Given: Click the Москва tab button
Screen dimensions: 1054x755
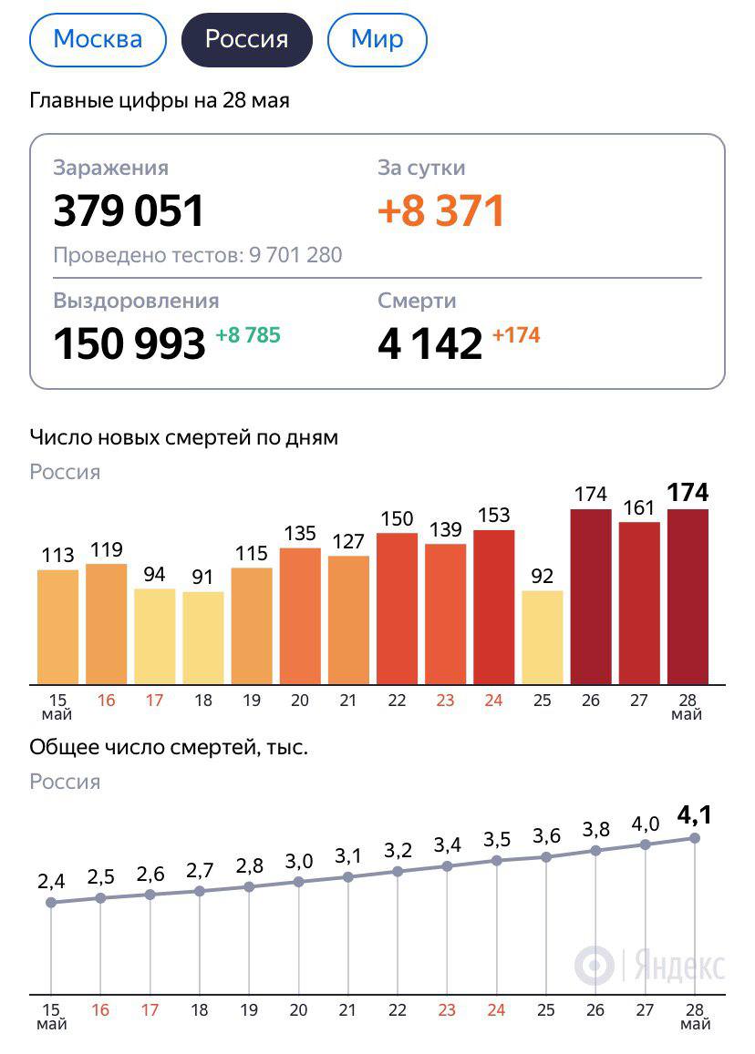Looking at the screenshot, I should (x=98, y=39).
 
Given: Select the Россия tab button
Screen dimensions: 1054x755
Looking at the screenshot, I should (x=246, y=39).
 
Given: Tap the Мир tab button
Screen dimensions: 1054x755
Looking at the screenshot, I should (x=377, y=39).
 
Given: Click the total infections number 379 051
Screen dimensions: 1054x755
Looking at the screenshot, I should (x=129, y=210).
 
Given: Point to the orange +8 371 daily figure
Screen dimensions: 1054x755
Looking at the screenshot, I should (x=441, y=210).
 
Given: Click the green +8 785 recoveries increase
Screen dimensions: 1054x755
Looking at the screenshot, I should (x=248, y=335).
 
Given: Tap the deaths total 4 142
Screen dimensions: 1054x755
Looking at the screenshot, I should (x=429, y=343).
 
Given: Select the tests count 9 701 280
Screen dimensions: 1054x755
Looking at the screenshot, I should (x=295, y=255).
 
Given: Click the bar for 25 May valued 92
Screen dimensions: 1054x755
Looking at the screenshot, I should (x=543, y=637).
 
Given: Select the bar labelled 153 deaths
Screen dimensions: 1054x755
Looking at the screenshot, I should (x=493, y=607).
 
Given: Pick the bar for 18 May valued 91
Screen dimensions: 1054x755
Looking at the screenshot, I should (x=203, y=638).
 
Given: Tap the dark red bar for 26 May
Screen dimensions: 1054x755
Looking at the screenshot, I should (x=591, y=597).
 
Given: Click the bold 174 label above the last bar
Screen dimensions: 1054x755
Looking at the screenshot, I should (x=688, y=493).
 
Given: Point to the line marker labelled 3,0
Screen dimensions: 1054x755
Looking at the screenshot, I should (x=298, y=882).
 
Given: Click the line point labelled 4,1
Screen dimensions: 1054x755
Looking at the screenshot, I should (x=694, y=838).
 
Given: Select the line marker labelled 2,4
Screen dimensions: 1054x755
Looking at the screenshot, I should (x=51, y=902).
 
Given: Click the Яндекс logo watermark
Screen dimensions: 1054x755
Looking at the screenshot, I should (x=650, y=965).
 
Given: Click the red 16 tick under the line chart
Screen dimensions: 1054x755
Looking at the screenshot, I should (x=100, y=1010).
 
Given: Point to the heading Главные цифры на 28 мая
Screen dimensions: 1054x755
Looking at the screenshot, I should (x=160, y=100).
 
